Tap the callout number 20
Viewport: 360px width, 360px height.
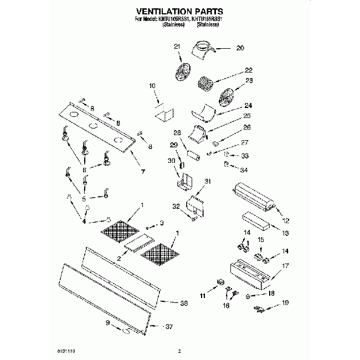[240, 48]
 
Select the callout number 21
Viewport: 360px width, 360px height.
[177, 46]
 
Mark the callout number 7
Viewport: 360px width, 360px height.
[142, 171]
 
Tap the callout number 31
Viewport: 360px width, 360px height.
[208, 182]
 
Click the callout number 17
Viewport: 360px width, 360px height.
[286, 266]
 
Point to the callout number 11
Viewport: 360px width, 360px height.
[202, 297]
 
